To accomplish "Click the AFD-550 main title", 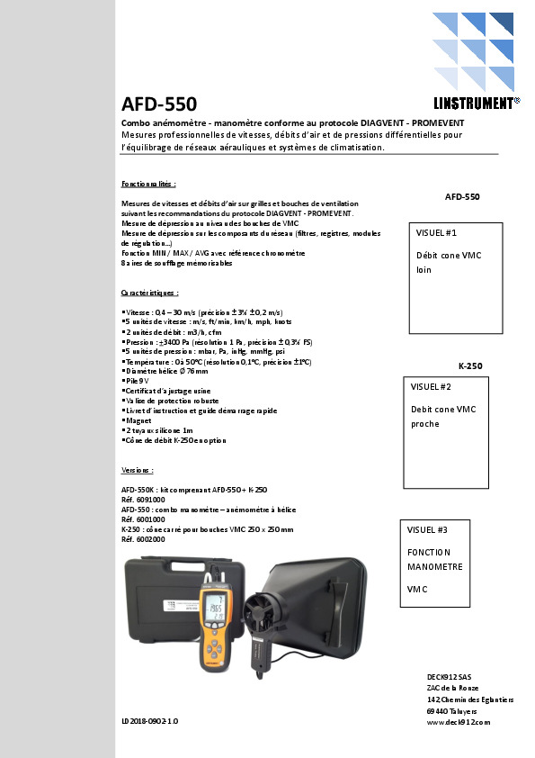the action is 159,104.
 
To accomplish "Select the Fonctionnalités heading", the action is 149,183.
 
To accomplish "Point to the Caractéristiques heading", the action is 150,293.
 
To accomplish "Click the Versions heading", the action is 138,470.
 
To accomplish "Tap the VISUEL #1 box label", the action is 437,232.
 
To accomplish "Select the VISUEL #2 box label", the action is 431,386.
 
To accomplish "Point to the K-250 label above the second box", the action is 470,366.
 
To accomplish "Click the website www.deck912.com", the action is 458,722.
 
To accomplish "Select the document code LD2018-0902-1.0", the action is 150,722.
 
